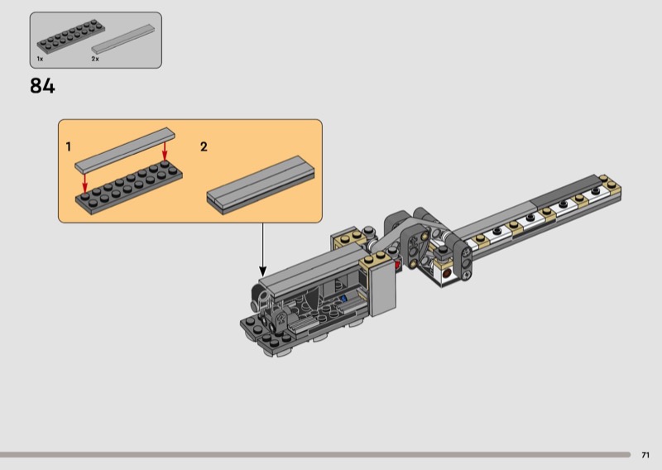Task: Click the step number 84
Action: pos(42,86)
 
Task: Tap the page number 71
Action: pos(645,455)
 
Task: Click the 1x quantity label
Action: pos(40,59)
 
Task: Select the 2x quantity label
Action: pos(95,59)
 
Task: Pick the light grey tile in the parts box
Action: pos(122,39)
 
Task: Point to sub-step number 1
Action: pos(69,147)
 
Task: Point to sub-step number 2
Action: pos(204,147)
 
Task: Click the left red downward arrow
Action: pos(85,183)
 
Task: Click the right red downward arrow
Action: pos(165,151)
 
